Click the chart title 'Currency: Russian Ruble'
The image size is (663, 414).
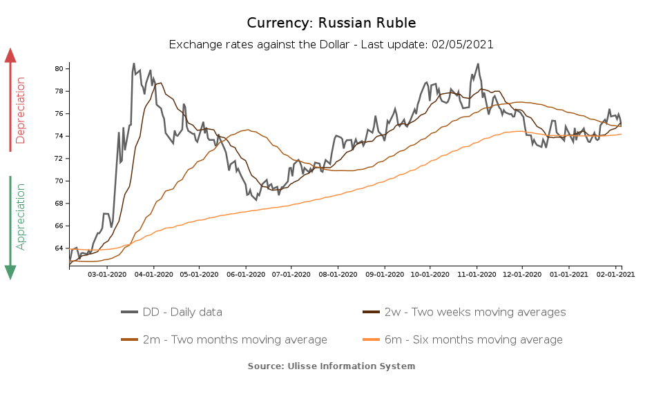pos(331,23)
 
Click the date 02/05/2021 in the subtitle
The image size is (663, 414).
pos(463,44)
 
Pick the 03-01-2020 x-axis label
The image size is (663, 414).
pos(107,274)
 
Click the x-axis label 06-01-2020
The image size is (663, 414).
pos(245,274)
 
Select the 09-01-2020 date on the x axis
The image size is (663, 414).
pos(384,274)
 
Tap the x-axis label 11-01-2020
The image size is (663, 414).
pos(477,274)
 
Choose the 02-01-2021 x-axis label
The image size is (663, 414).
pos(615,274)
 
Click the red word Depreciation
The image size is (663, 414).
pos(20,110)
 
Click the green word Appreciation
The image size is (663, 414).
pos(20,216)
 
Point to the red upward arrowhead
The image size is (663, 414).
pos(10,55)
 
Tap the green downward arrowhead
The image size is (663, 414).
pos(10,272)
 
